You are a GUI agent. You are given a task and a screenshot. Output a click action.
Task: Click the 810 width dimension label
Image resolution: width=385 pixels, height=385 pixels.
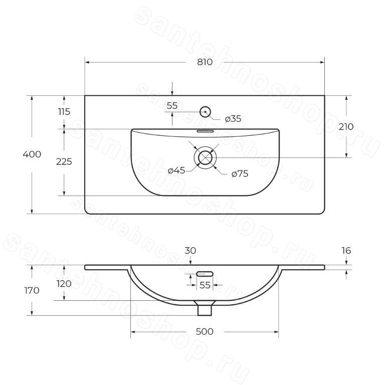205,62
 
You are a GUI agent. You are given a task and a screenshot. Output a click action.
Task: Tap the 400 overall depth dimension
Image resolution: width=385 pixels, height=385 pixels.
32,154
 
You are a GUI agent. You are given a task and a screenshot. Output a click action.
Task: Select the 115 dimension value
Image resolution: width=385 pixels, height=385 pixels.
64,112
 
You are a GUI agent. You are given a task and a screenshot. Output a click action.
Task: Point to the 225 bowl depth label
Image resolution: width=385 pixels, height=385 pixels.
64,162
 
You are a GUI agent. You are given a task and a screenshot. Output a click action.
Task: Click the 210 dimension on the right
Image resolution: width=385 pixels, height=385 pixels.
346,127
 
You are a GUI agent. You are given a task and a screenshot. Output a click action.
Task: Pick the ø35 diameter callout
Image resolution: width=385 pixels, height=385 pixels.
233,119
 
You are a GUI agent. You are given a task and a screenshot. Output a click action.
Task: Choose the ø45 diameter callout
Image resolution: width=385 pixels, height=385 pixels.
176,170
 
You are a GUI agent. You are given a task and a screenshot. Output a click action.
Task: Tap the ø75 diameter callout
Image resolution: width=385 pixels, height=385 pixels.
240,174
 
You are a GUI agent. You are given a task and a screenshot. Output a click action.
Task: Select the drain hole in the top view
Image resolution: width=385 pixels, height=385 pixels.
205,157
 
